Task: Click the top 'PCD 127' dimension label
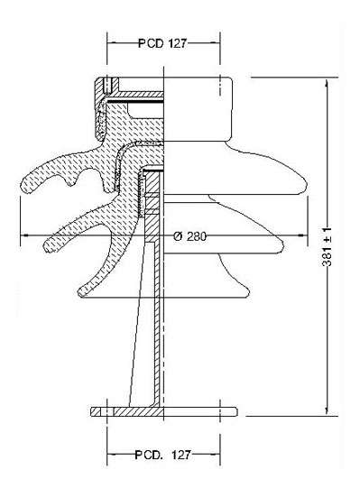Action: [162, 43]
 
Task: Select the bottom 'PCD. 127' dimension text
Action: [162, 455]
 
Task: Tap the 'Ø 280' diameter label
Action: [190, 236]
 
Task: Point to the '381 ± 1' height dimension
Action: [327, 246]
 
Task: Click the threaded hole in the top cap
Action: [107, 85]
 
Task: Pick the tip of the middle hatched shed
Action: [47, 246]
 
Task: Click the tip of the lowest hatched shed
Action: [81, 291]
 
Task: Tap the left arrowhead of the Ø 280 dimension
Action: [24, 235]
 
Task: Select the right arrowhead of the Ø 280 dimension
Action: [302, 235]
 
